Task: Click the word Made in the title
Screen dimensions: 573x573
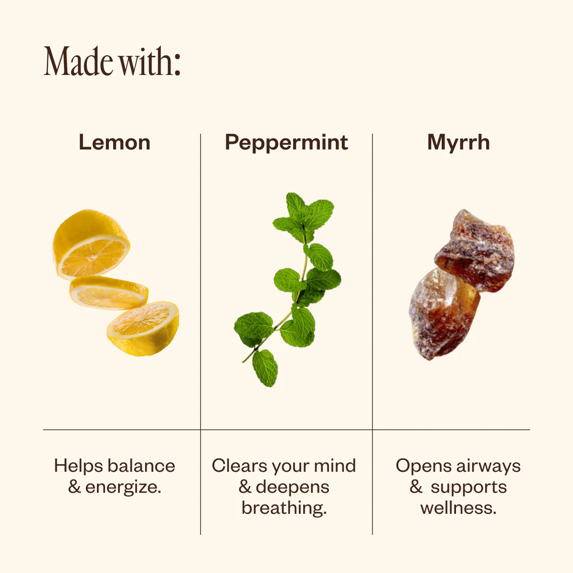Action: (78, 61)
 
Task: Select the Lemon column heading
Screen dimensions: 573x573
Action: (115, 142)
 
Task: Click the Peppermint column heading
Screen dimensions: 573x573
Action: (286, 143)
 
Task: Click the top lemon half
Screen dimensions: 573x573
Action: (91, 244)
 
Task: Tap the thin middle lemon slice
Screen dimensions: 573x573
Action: (109, 293)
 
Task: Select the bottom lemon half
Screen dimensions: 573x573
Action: (144, 329)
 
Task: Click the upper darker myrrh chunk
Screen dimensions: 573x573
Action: (475, 250)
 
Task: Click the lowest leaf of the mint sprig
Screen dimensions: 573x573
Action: (265, 368)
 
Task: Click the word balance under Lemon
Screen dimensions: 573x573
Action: (141, 466)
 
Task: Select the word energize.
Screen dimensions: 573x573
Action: (123, 487)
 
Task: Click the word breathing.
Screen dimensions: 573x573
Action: (284, 508)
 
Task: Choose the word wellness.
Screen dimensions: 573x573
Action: (458, 508)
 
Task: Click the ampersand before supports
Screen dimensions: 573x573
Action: (416, 487)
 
